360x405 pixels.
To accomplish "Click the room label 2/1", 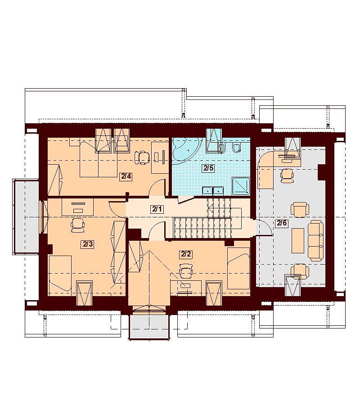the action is pyautogui.click(x=157, y=209).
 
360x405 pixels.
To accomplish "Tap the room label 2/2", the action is pyautogui.click(x=186, y=254).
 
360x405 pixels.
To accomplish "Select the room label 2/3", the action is pyautogui.click(x=88, y=244).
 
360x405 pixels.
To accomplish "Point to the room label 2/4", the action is pyautogui.click(x=126, y=177).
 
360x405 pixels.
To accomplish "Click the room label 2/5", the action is pyautogui.click(x=208, y=168).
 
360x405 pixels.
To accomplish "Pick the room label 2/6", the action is pyautogui.click(x=282, y=223).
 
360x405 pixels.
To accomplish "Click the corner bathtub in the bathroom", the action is pyautogui.click(x=186, y=151).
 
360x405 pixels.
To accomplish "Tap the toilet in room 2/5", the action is pyautogui.click(x=236, y=148).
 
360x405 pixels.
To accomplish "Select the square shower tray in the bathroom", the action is pyautogui.click(x=241, y=186).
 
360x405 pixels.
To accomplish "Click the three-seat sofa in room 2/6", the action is pyautogui.click(x=316, y=241).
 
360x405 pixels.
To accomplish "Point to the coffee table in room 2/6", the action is pyautogui.click(x=298, y=240).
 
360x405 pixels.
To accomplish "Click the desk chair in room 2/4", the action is pyautogui.click(x=142, y=157).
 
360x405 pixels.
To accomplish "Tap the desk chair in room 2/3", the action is pyautogui.click(x=78, y=224).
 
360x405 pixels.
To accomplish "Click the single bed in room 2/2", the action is pyautogui.click(x=238, y=268).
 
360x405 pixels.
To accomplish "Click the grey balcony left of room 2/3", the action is pyautogui.click(x=26, y=217).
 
